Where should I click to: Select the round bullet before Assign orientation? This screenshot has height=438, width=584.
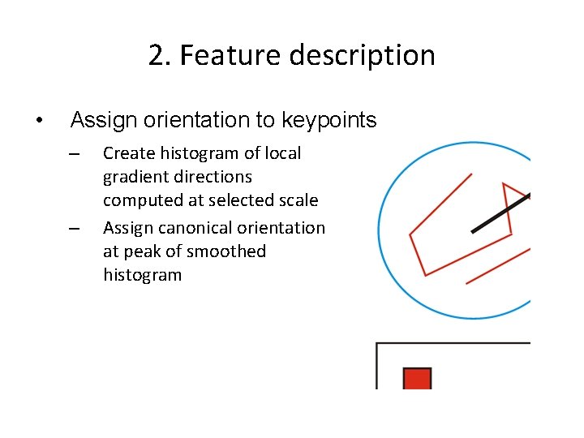click(39, 122)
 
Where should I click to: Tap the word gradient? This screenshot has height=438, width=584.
click(135, 177)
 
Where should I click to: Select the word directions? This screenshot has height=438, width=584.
click(212, 177)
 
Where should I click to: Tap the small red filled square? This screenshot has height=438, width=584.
click(417, 379)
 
